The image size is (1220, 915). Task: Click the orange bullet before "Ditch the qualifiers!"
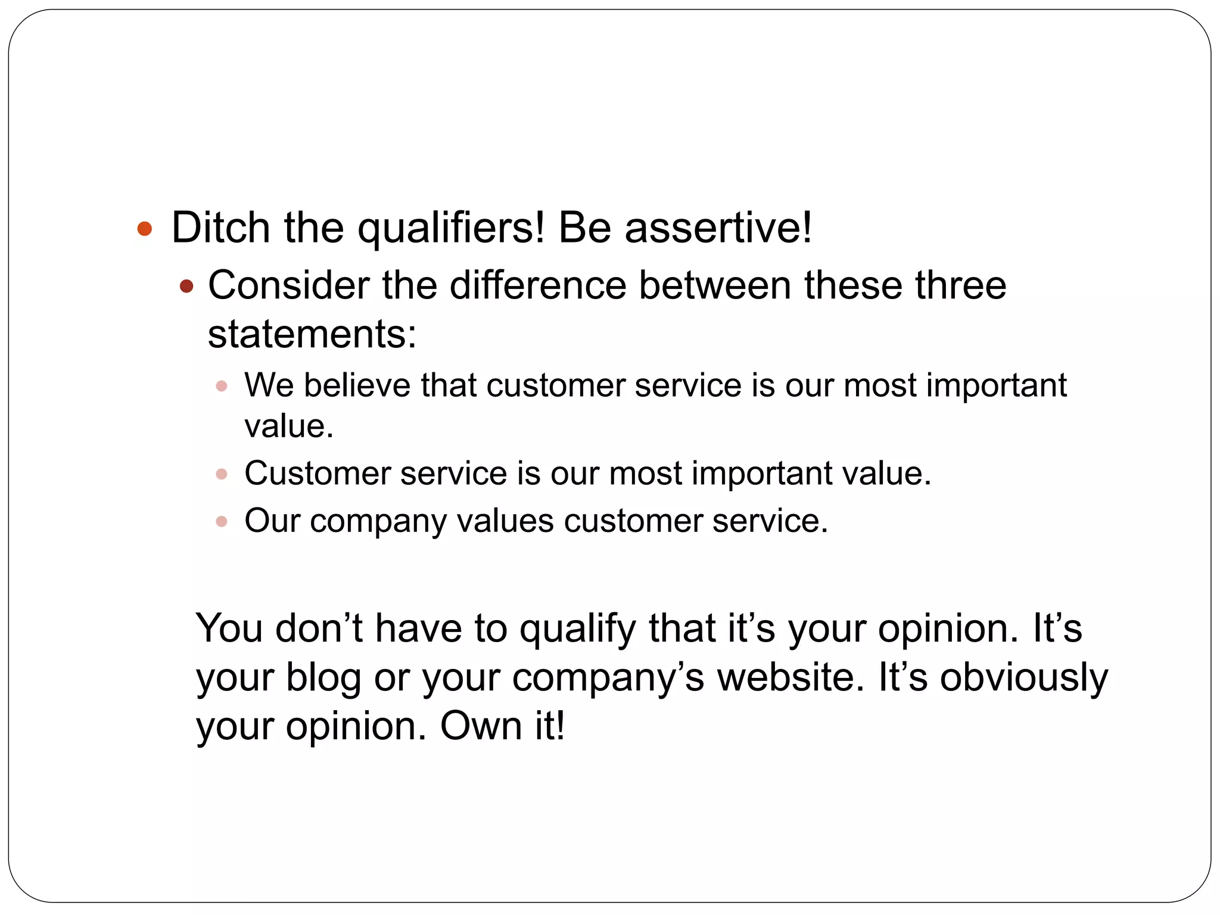point(145,229)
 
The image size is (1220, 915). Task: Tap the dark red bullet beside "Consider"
point(186,287)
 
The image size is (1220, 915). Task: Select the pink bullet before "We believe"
point(222,386)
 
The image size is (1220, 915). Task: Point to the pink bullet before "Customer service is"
point(222,474)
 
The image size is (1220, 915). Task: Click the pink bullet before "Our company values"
point(222,522)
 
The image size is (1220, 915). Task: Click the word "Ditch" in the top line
point(221,228)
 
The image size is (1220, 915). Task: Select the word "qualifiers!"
point(450,229)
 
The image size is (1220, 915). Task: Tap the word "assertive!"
point(718,228)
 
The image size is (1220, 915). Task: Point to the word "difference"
point(537,285)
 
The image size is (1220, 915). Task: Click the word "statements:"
point(312,334)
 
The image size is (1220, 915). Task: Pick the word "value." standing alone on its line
point(289,427)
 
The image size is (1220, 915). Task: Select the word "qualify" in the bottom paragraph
point(577,629)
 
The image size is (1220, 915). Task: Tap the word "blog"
point(323,678)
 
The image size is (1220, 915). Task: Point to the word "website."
point(790,677)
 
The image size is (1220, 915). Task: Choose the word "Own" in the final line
point(481,726)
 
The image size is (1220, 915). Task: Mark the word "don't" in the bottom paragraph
point(319,628)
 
